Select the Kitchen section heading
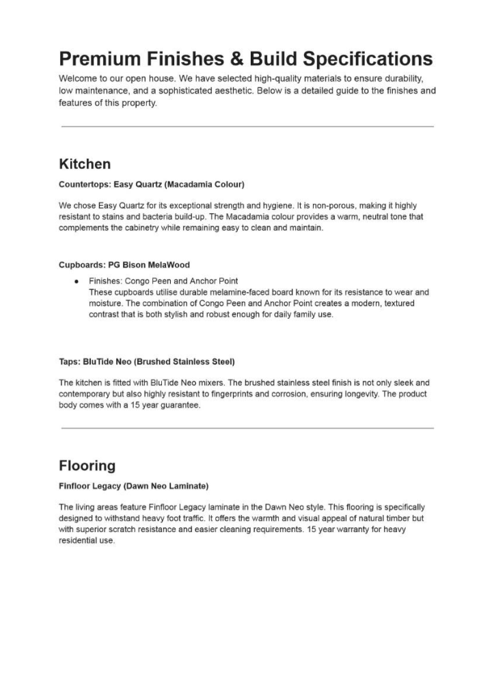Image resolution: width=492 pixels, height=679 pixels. pyautogui.click(x=85, y=164)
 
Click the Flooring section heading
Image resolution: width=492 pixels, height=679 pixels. pyautogui.click(x=87, y=466)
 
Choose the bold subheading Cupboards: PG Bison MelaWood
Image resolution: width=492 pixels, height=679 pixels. pyautogui.click(x=124, y=265)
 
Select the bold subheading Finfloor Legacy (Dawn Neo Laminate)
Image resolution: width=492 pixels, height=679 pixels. pyautogui.click(x=134, y=486)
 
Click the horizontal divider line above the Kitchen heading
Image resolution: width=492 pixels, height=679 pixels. pyautogui.click(x=247, y=127)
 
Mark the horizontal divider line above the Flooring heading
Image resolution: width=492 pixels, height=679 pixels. pyautogui.click(x=247, y=428)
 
